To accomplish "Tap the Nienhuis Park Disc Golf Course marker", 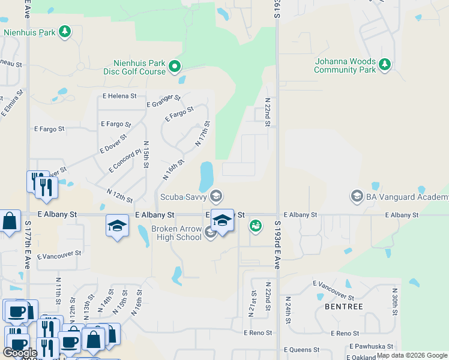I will click(175, 66).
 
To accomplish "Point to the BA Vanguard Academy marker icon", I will click(357, 196).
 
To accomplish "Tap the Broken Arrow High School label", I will click(176, 233).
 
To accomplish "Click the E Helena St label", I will click(119, 96).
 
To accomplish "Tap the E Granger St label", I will click(163, 101).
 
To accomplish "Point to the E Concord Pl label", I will click(125, 161).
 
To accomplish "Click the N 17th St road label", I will click(202, 134).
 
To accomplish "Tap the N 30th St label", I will click(395, 304).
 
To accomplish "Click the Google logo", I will click(20, 353).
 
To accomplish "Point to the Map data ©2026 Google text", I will click(412, 355).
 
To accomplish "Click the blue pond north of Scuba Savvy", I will click(206, 175).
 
